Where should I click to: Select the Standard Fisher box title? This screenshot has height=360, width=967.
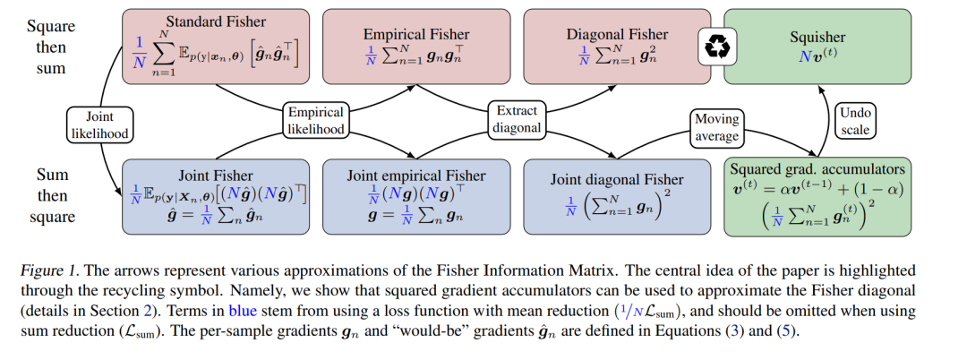tap(217, 21)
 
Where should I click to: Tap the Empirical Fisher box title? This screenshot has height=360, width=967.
tap(416, 34)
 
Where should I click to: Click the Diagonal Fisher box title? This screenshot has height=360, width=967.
tap(617, 34)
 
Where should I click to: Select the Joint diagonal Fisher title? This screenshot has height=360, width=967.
tap(617, 179)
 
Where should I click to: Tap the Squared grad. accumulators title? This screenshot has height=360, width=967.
tap(817, 169)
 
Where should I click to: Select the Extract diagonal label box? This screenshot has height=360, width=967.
tap(517, 119)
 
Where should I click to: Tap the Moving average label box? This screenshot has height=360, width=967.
tap(716, 127)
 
